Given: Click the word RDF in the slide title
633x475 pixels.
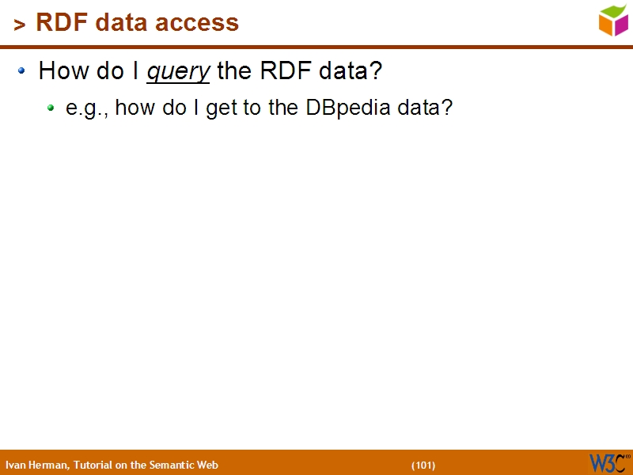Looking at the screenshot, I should [60, 23].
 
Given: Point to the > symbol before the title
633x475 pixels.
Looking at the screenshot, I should [20, 25].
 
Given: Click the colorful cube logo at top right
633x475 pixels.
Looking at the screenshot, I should [613, 21].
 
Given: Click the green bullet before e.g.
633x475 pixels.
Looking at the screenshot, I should [51, 108].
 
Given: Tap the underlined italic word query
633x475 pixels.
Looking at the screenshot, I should [178, 71].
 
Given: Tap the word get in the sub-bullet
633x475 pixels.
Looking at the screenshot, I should [221, 108].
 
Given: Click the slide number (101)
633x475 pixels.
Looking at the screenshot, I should [423, 465].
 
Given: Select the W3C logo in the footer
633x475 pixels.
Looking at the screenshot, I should [608, 462].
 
